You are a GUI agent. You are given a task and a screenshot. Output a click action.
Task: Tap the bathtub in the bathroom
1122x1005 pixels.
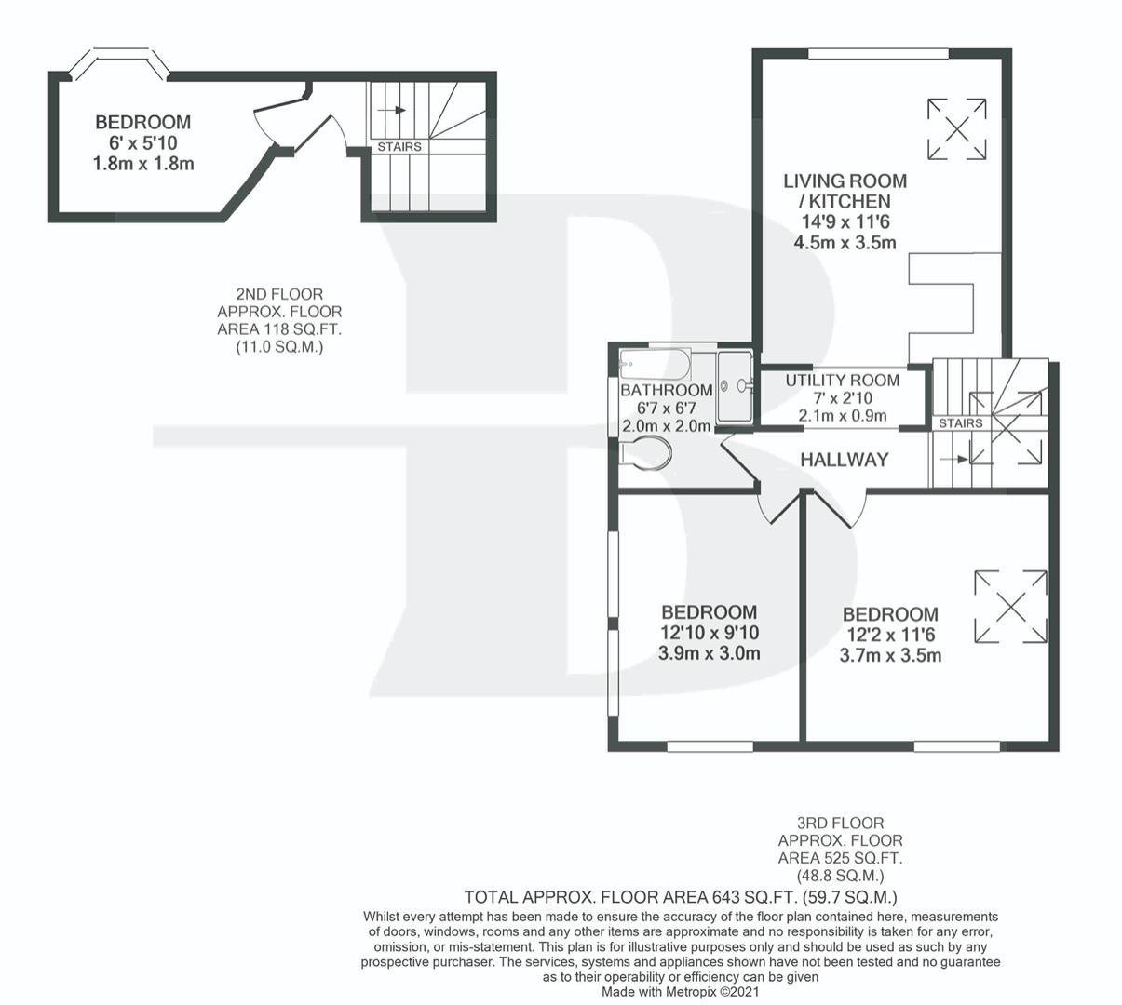click(656, 364)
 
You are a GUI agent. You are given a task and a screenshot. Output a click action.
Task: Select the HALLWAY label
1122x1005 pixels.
click(844, 460)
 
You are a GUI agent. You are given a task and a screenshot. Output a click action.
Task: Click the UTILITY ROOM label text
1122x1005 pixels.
click(843, 381)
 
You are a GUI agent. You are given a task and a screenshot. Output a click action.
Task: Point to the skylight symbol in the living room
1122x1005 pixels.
click(956, 129)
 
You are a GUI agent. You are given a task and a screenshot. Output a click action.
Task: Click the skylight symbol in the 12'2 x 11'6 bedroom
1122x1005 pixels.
click(1010, 607)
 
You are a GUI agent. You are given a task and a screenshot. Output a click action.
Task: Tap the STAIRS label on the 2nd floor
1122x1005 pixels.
click(399, 147)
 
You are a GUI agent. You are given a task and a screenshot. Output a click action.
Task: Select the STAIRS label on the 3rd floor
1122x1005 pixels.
click(960, 423)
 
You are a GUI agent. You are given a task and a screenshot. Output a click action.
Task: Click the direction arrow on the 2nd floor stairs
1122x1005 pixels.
click(391, 110)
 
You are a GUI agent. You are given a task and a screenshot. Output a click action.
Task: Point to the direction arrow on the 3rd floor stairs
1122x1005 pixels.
click(953, 459)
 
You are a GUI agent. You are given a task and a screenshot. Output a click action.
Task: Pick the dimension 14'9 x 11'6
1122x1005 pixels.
click(845, 221)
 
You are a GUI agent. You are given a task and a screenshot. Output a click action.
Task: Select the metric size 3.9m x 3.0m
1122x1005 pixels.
click(709, 653)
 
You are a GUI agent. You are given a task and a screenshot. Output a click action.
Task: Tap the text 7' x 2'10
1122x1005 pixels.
click(843, 398)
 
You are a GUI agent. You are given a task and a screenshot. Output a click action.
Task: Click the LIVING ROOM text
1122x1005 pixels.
click(845, 181)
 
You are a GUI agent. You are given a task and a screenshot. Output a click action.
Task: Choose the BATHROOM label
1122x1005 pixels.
click(667, 390)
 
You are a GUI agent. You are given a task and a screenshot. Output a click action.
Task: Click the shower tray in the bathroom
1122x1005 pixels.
click(735, 386)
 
